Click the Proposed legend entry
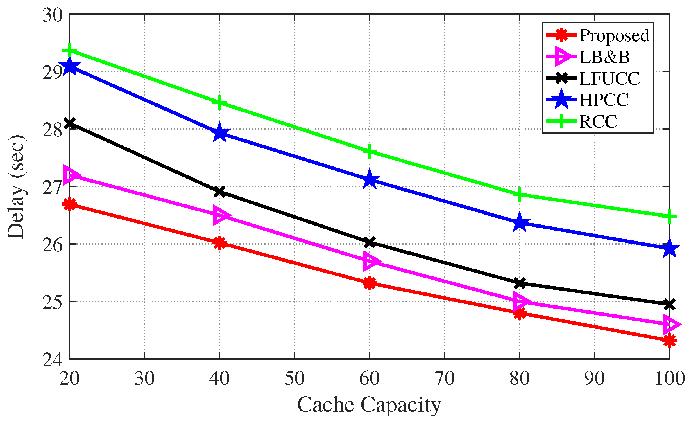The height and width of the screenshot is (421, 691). tap(614, 35)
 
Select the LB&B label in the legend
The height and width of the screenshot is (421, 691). tap(604, 57)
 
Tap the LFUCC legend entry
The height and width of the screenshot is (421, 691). tap(610, 78)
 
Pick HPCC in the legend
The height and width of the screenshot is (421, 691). tap(604, 100)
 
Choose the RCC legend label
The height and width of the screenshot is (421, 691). tap(598, 121)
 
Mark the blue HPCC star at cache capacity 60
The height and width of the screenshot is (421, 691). tap(370, 179)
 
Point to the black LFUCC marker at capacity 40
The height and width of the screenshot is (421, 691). tap(219, 192)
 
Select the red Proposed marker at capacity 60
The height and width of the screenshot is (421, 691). tap(370, 283)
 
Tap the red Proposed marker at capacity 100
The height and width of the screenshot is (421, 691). tap(670, 341)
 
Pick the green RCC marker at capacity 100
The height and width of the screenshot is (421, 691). tap(670, 216)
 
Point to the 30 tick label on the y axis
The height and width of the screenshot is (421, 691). tap(53, 15)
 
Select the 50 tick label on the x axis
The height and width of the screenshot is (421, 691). tap(294, 379)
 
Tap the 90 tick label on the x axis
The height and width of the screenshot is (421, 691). tap(595, 379)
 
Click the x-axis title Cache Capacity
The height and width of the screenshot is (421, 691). tap(369, 405)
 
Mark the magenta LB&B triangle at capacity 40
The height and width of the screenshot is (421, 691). tap(221, 215)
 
